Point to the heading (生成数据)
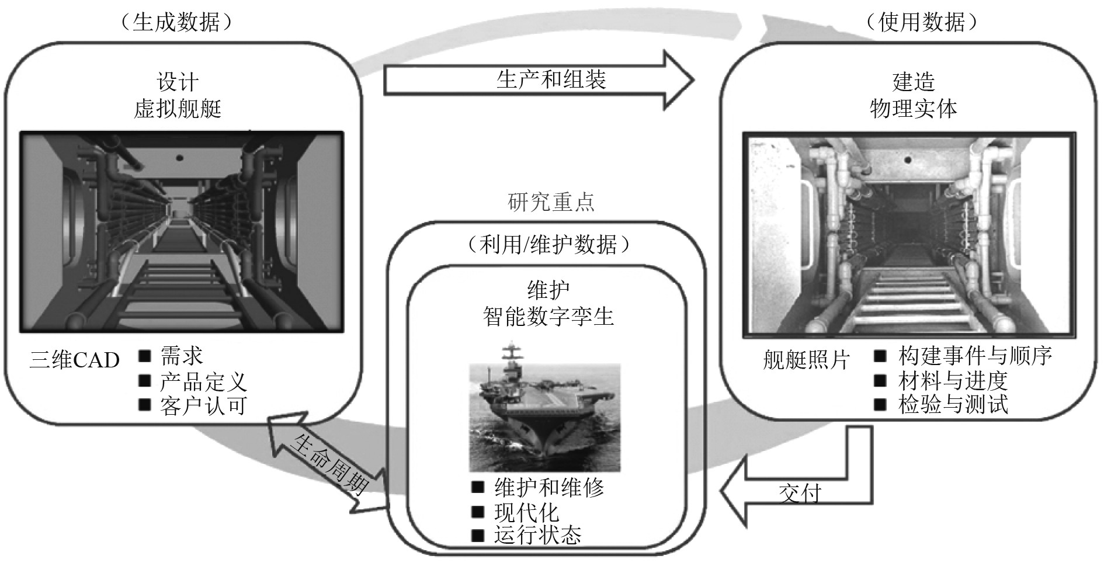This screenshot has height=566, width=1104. pos(176,22)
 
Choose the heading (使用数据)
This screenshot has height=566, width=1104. pos(921,22)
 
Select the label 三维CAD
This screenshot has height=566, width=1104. pos(74,360)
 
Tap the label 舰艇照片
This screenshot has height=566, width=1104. pos(806,360)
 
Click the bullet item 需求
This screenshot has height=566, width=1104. pos(182,356)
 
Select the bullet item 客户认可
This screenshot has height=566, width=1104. pos(203,405)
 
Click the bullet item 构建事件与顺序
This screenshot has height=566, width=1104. pos(975,356)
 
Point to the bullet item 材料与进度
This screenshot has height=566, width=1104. pos(953,381)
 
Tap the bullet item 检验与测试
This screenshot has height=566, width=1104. pos(953,405)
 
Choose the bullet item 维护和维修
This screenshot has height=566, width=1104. pos(549,487)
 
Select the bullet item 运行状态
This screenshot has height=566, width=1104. pos(538,535)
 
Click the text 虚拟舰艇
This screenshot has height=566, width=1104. pos(178,109)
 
